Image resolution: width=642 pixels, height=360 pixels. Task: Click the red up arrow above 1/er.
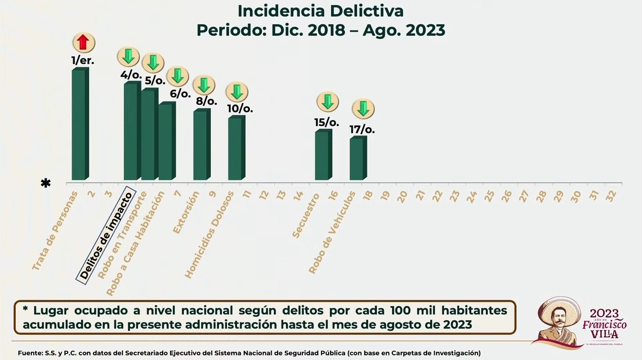tap(84, 43)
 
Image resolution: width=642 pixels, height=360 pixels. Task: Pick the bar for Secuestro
tap(323, 155)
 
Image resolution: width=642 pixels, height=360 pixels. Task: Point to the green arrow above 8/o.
tap(204, 85)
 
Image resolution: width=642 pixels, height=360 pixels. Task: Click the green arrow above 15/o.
tap(328, 102)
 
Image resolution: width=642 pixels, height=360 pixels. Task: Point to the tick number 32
tap(611, 197)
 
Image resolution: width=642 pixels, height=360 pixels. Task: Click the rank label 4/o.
tap(131, 74)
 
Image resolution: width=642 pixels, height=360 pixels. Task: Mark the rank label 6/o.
tap(180, 94)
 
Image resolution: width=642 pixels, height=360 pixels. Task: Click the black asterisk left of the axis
tap(46, 183)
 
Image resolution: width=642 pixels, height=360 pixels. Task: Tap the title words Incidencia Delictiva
tap(320, 11)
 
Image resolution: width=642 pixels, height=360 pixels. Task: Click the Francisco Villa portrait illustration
tap(557, 322)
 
